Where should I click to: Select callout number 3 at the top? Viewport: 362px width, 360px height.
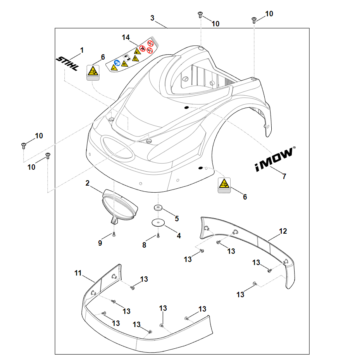152,18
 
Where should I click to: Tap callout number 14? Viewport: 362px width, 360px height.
126,38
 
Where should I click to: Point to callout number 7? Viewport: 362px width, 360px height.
284,177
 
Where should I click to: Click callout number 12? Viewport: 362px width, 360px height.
283,231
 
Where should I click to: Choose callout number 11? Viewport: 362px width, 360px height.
78,273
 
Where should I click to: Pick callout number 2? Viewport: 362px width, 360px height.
88,183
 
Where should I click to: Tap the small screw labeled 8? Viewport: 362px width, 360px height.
158,236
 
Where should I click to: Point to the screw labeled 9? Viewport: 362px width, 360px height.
114,234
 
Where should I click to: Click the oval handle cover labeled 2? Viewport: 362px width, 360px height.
120,205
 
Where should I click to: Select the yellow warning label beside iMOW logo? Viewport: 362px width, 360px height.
224,185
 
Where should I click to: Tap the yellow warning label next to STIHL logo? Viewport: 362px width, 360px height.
92,72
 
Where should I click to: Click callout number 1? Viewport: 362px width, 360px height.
82,50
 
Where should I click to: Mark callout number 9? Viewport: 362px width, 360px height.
100,243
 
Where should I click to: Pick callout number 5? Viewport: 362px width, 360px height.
177,219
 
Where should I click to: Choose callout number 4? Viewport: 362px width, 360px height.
179,235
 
